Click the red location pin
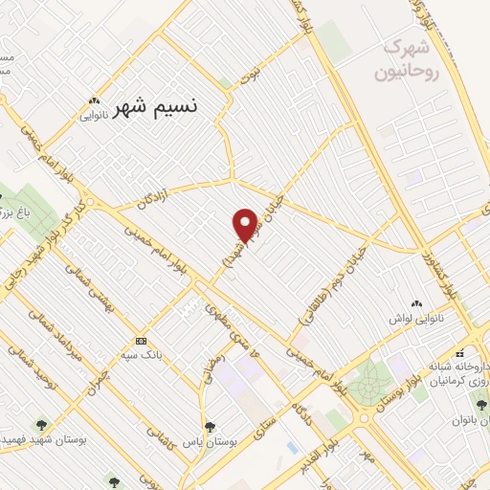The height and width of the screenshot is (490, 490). tap(245, 225)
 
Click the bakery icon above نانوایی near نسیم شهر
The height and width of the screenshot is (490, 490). tap(93, 99)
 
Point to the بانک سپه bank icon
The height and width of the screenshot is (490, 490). tap(141, 342)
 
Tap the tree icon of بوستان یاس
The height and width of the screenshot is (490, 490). tap(209, 428)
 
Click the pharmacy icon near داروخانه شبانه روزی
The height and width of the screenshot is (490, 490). tap(461, 351)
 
